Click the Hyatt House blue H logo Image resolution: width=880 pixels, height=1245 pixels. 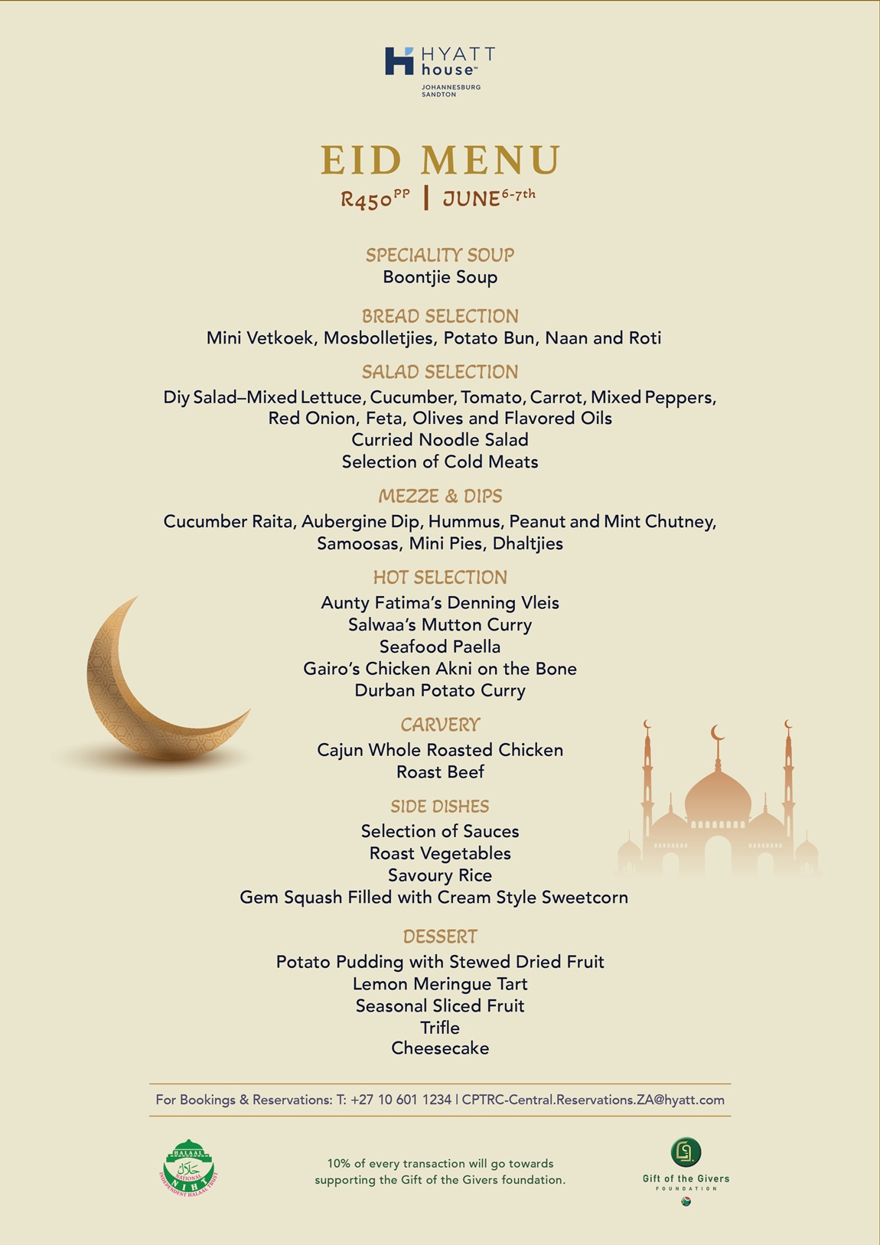tap(399, 61)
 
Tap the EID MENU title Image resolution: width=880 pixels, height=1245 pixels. tap(440, 160)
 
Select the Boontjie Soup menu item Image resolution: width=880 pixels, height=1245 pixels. tap(440, 277)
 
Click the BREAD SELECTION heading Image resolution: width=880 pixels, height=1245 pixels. tap(440, 316)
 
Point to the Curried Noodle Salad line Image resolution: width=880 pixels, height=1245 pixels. tap(440, 440)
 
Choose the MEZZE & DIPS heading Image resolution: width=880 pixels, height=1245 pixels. tap(440, 496)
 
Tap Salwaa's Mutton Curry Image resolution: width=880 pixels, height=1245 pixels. tap(440, 624)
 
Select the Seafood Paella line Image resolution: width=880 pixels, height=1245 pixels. tap(440, 647)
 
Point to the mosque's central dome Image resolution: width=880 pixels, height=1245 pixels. tap(718, 796)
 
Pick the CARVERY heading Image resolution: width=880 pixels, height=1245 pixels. tap(440, 725)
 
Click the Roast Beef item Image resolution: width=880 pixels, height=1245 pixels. tap(440, 772)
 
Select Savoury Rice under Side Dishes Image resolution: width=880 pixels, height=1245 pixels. tap(440, 875)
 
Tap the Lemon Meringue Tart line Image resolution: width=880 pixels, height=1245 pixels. tap(440, 984)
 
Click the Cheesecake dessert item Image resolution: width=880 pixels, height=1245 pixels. tap(440, 1048)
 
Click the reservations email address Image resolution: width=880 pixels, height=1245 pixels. tap(593, 1100)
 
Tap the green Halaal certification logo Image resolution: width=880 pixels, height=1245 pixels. tap(189, 1168)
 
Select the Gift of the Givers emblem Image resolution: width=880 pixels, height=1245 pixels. tap(686, 1152)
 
